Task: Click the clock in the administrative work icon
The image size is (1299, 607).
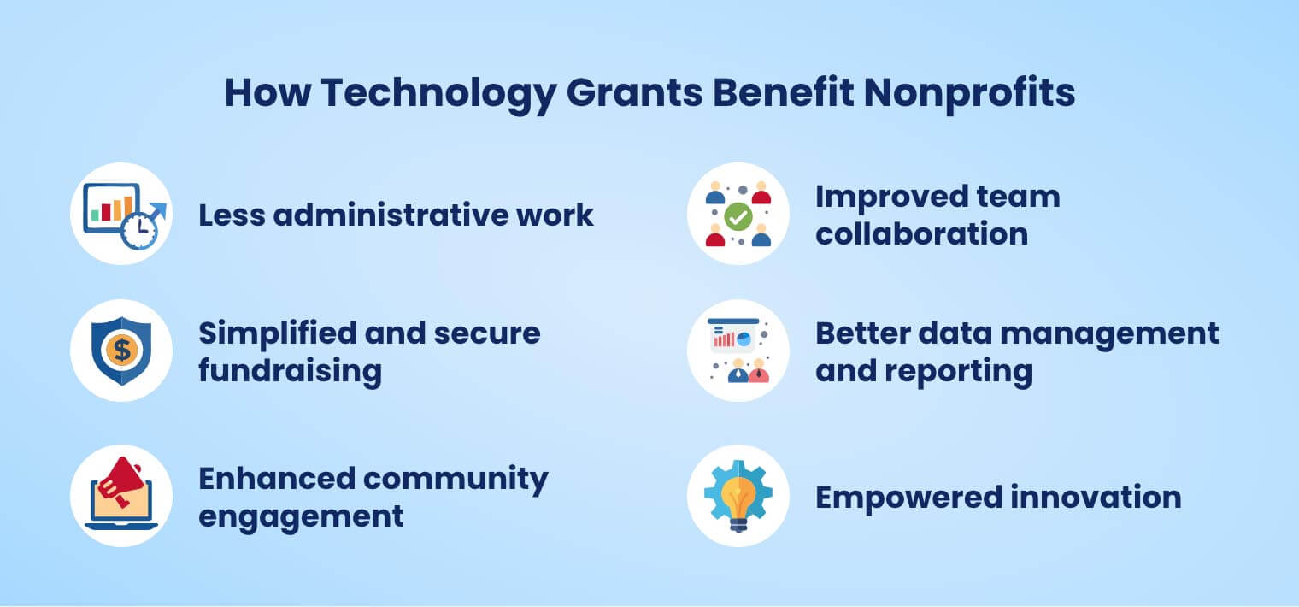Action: point(138,231)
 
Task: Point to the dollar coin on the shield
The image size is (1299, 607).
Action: point(121,350)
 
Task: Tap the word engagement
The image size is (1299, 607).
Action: point(301,516)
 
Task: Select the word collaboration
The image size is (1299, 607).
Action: point(921,233)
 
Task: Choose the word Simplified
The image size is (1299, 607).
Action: point(275,333)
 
